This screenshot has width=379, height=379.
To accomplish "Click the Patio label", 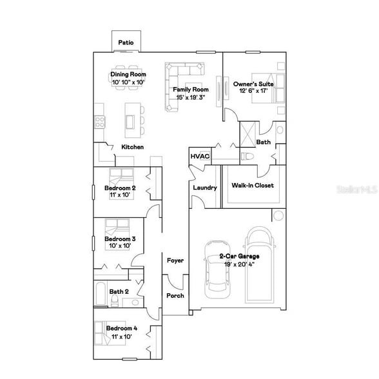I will (x=126, y=43).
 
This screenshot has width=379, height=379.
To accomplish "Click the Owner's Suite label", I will (x=254, y=84).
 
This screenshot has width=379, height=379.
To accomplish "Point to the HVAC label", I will (x=197, y=156).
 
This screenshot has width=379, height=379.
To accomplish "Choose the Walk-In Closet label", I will (x=253, y=186).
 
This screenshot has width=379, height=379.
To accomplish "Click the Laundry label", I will (x=205, y=188).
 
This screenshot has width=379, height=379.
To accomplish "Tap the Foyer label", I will (x=175, y=260).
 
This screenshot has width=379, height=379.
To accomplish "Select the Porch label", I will (x=175, y=296).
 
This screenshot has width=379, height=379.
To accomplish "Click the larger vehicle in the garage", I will (x=260, y=264).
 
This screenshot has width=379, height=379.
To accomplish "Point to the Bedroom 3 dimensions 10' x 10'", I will (x=120, y=246).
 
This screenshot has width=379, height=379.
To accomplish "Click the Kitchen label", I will (x=133, y=148).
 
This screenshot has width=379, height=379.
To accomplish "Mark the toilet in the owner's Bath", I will (x=249, y=156).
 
